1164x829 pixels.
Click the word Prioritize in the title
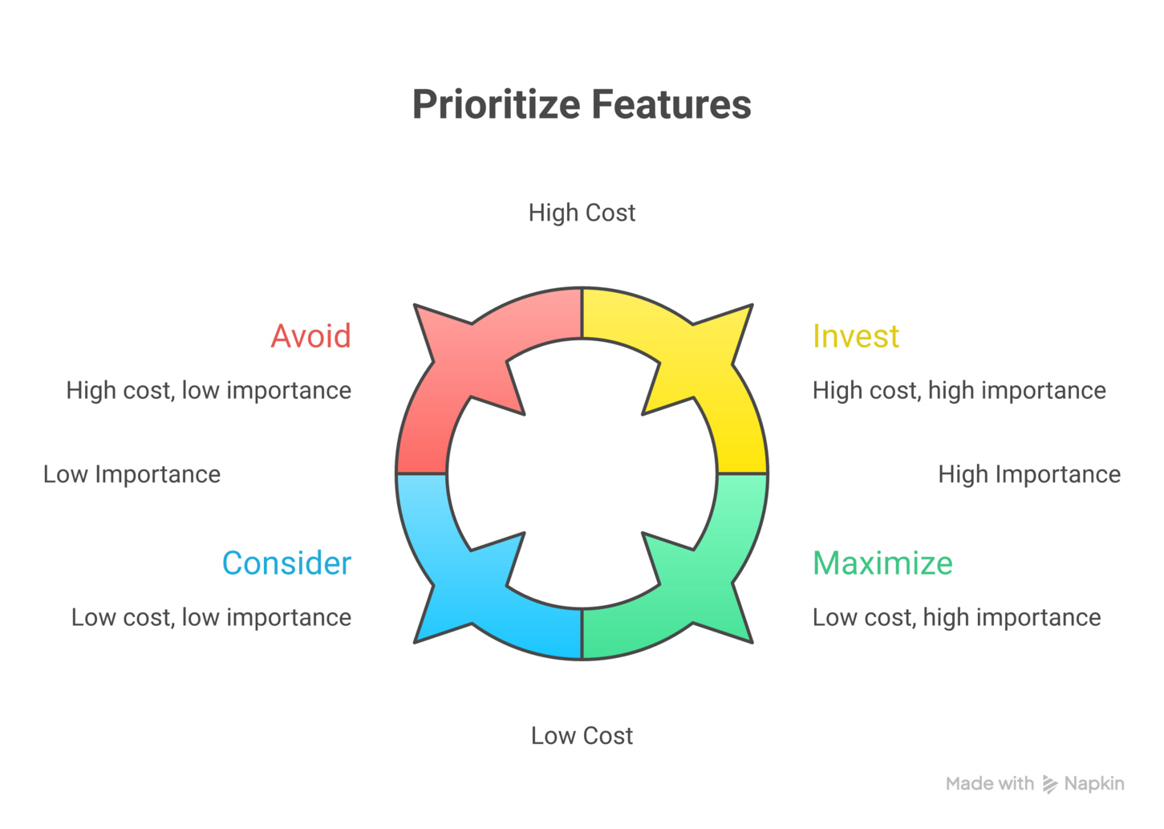497,105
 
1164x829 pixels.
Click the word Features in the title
672,104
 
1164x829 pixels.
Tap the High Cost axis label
582,213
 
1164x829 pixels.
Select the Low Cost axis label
582,735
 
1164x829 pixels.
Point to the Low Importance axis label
132,475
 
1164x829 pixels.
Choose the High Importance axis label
1029,475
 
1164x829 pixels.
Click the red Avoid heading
310,335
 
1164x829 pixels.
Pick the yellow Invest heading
856,335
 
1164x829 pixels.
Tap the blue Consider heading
287,563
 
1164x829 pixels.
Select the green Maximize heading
882,563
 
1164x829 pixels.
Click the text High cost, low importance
209,391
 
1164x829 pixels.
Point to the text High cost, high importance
959,391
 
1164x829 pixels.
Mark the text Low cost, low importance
212,618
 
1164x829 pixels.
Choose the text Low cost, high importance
957,618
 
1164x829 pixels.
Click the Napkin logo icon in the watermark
1049,784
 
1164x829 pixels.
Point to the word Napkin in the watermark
1094,784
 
